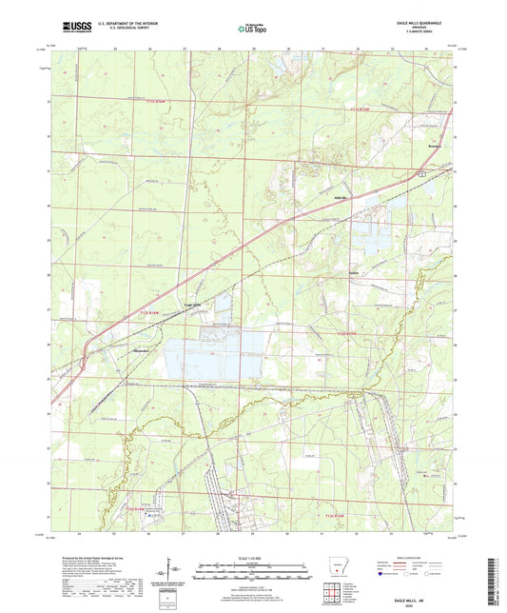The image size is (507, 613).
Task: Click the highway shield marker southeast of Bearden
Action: pyautogui.click(x=421, y=173)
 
